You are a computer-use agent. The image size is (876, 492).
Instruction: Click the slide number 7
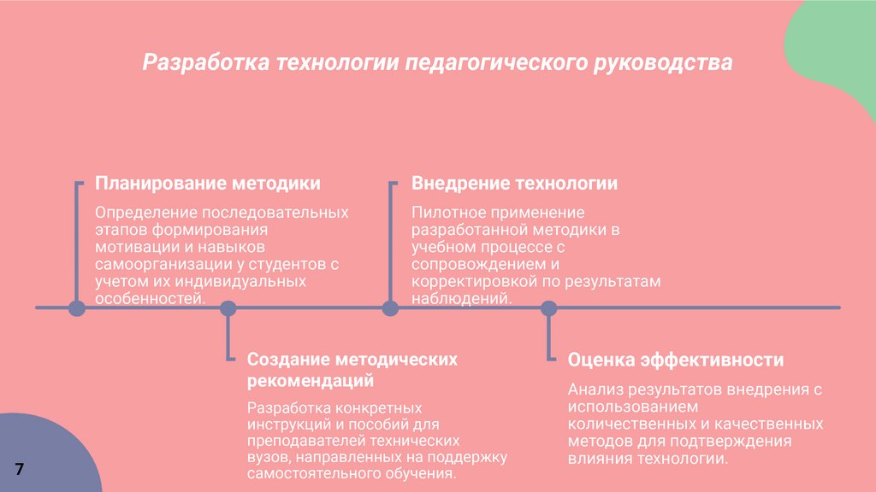[19, 468]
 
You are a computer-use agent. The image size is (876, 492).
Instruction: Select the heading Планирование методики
[208, 184]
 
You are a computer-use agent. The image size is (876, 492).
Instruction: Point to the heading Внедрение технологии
[515, 184]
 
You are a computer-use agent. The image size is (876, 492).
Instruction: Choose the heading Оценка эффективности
[676, 360]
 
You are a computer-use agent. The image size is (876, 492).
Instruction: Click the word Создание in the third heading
[287, 360]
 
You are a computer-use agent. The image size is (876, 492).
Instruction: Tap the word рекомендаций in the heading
[311, 380]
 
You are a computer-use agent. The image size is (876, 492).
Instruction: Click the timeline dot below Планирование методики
[76, 307]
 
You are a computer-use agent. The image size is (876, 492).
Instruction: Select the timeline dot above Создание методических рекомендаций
[228, 307]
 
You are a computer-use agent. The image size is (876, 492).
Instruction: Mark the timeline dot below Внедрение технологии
[390, 307]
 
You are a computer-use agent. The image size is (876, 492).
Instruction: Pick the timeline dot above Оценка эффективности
[548, 307]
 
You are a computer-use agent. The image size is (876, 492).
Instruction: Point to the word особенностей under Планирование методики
[149, 297]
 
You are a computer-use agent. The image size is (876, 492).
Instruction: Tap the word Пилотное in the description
[447, 212]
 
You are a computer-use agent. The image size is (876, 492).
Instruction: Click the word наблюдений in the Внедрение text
[461, 297]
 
